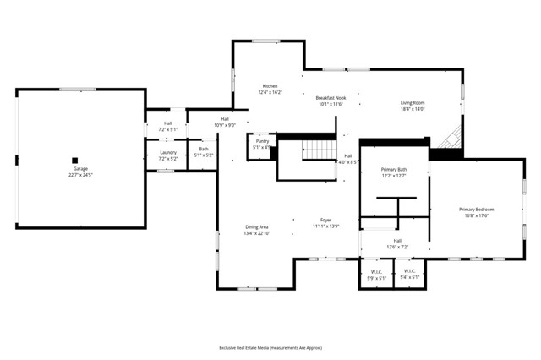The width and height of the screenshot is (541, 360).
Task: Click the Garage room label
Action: pos(79,169)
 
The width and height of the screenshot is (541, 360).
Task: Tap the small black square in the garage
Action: pos(74,160)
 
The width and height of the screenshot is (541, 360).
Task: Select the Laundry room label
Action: pos(167,152)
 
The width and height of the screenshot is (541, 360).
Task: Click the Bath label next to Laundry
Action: pos(203,149)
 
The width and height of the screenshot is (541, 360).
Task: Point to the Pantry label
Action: pos(262,141)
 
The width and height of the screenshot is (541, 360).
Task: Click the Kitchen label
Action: pos(270,86)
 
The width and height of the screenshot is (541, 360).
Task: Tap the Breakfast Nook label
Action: pos(331,98)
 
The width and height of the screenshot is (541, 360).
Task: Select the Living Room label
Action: pos(413,103)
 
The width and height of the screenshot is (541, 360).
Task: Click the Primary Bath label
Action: pos(394,170)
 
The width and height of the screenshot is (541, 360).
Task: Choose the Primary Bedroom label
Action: pos(477,209)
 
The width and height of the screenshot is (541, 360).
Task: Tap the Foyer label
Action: pos(325,220)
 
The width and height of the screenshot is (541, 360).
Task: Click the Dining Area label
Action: pos(257,227)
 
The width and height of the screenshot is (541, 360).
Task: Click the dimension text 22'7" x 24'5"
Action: pos(79,175)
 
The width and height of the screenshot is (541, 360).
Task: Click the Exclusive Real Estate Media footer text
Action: pos(270,347)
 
